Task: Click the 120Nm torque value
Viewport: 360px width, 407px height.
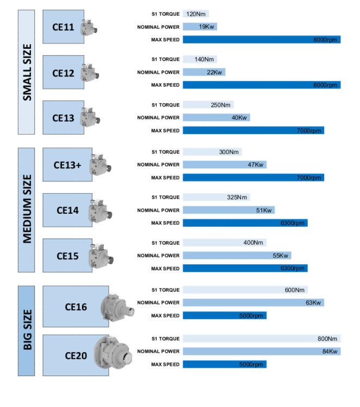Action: coord(193,14)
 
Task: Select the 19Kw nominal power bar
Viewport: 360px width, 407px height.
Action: coord(200,27)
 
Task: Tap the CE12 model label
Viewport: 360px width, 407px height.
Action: coord(63,73)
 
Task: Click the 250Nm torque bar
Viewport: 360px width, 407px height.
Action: coord(208,105)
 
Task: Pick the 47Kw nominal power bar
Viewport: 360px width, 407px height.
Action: coord(224,164)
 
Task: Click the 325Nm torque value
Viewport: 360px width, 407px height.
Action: coord(237,198)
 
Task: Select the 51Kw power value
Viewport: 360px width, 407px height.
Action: coord(264,210)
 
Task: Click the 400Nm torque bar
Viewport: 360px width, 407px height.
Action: coord(224,243)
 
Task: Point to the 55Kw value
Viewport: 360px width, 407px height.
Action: coord(280,256)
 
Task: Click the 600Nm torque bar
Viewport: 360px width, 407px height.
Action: coord(245,290)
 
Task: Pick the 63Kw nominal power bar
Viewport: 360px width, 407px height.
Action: coord(253,303)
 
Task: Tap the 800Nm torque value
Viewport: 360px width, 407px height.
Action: coord(327,339)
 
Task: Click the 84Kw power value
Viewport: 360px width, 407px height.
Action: coord(330,352)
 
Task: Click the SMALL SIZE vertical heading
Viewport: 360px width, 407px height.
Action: coord(27,73)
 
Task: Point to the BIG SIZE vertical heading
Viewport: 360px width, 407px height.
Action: coord(27,330)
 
